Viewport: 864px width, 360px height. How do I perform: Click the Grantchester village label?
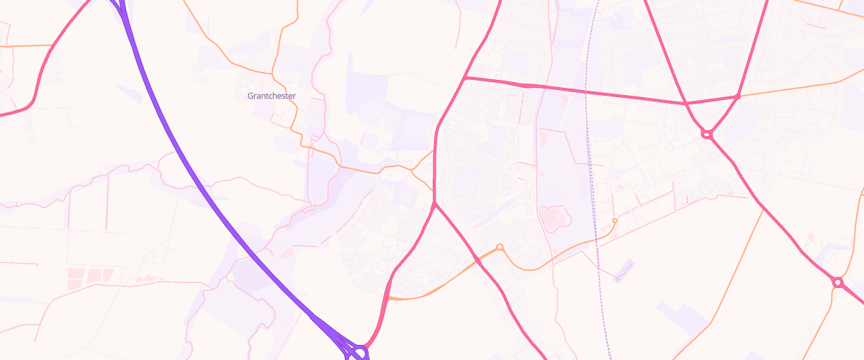tap(271, 96)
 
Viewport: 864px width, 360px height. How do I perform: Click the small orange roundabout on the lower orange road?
tap(500, 248)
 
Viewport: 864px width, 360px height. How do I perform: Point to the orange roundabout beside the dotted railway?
tap(614, 220)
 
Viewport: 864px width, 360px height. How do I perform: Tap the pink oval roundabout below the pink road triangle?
tap(706, 134)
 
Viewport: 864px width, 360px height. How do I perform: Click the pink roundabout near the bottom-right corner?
tap(837, 282)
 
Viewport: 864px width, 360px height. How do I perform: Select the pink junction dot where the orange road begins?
tap(738, 96)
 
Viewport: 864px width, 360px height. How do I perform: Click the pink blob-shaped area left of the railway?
tap(553, 217)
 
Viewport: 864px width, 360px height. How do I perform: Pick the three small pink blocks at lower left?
tap(89, 275)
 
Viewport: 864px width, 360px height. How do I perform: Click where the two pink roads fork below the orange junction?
tap(434, 206)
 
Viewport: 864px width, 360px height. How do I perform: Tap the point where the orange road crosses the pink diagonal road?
tap(477, 260)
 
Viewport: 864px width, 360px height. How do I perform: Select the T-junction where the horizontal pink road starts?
tap(466, 78)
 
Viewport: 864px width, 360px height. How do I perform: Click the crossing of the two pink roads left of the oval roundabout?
tap(685, 104)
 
